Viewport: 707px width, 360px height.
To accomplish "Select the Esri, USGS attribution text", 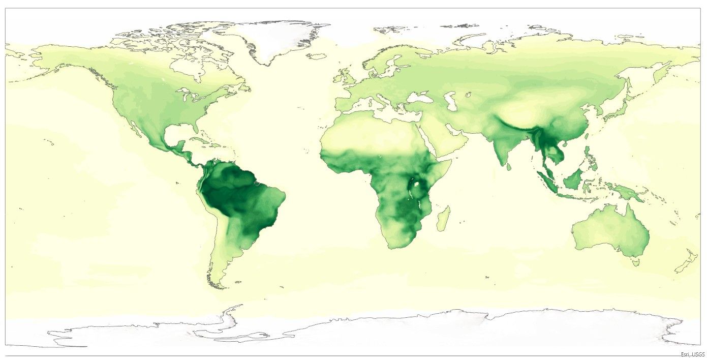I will pyautogui.click(x=693, y=354).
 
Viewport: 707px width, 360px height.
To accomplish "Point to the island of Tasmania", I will pyautogui.click(x=634, y=262).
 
